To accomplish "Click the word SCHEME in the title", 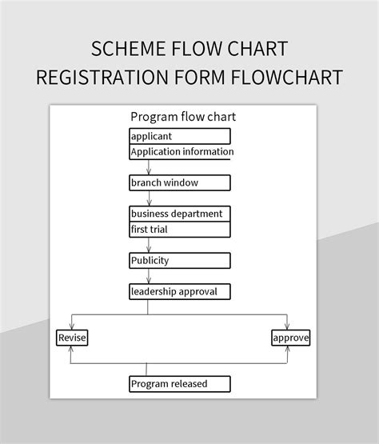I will (128, 49).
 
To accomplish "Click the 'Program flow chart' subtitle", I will (183, 117).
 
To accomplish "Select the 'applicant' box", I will (180, 136).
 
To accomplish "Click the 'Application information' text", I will (182, 151).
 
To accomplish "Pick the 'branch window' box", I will (180, 182).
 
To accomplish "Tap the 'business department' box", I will (180, 214).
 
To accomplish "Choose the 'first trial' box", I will (180, 229).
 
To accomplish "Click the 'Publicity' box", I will (180, 260).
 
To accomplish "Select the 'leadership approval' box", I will (180, 291).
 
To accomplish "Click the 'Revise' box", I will (71, 338).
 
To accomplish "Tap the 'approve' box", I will (290, 338).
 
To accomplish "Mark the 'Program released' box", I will (180, 384).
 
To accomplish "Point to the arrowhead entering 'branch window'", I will (148, 171).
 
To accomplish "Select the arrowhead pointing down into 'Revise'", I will (71, 326).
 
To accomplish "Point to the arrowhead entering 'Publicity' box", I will (148, 249).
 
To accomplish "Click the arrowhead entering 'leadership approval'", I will (148, 280).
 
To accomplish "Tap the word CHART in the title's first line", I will (254, 49).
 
